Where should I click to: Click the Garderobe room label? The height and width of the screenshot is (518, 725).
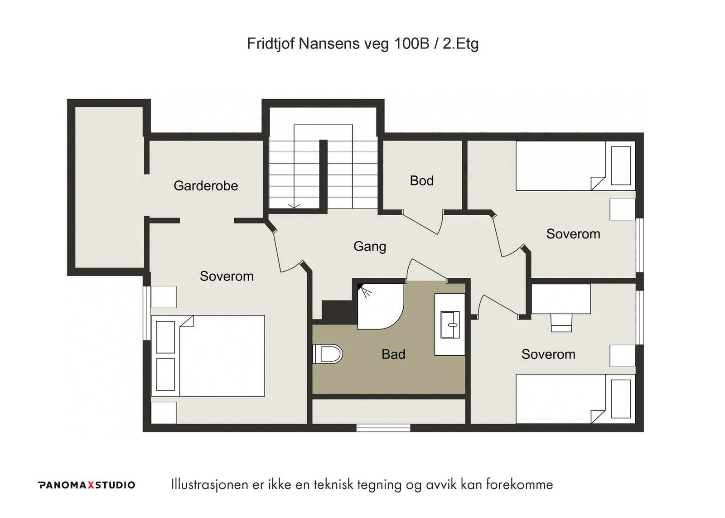pyautogui.click(x=206, y=186)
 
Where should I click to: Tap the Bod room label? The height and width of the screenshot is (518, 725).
pyautogui.click(x=421, y=181)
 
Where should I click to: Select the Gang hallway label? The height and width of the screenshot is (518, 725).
pyautogui.click(x=370, y=247)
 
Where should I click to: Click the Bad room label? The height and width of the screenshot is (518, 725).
pyautogui.click(x=393, y=354)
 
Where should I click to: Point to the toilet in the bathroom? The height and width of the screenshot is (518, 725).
pyautogui.click(x=328, y=354)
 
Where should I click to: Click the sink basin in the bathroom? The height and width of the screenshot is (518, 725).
pyautogui.click(x=450, y=325)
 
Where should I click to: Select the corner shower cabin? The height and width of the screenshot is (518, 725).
pyautogui.click(x=380, y=307)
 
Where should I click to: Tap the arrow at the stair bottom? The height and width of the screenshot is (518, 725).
pyautogui.click(x=294, y=206)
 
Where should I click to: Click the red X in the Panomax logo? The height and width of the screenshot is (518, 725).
pyautogui.click(x=91, y=485)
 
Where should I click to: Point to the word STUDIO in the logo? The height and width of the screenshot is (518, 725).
pyautogui.click(x=115, y=485)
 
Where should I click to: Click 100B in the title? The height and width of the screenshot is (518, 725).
pyautogui.click(x=411, y=44)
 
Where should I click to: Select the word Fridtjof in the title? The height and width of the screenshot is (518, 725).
pyautogui.click(x=271, y=44)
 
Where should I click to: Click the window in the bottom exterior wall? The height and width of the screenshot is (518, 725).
pyautogui.click(x=383, y=428)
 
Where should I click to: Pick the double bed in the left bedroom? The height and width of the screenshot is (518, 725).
pyautogui.click(x=208, y=356)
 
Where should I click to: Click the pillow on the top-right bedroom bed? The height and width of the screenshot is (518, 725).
pyautogui.click(x=621, y=166)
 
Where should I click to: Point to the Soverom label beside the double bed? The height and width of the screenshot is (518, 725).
pyautogui.click(x=227, y=276)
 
